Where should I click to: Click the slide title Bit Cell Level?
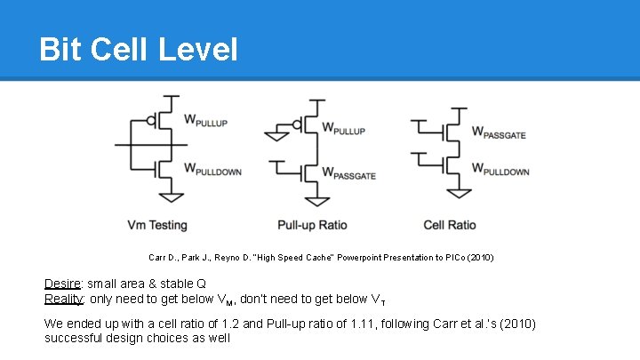tap(138, 49)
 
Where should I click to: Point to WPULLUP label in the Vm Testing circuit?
tap(211, 120)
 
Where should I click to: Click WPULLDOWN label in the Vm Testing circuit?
tap(212, 168)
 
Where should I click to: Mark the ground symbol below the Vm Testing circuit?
tap(177, 196)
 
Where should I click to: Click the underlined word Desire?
tap(61, 284)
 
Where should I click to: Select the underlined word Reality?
tap(62, 299)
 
